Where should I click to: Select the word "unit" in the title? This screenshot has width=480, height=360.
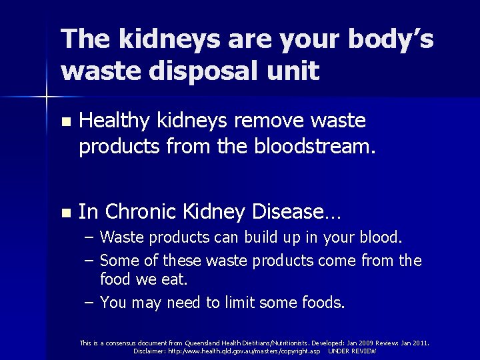(x=292, y=70)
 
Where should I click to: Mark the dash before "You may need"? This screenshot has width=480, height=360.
(x=89, y=303)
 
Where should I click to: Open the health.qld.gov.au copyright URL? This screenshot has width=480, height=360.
(x=244, y=351)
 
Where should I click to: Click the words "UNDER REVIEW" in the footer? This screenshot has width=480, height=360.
(x=353, y=351)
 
